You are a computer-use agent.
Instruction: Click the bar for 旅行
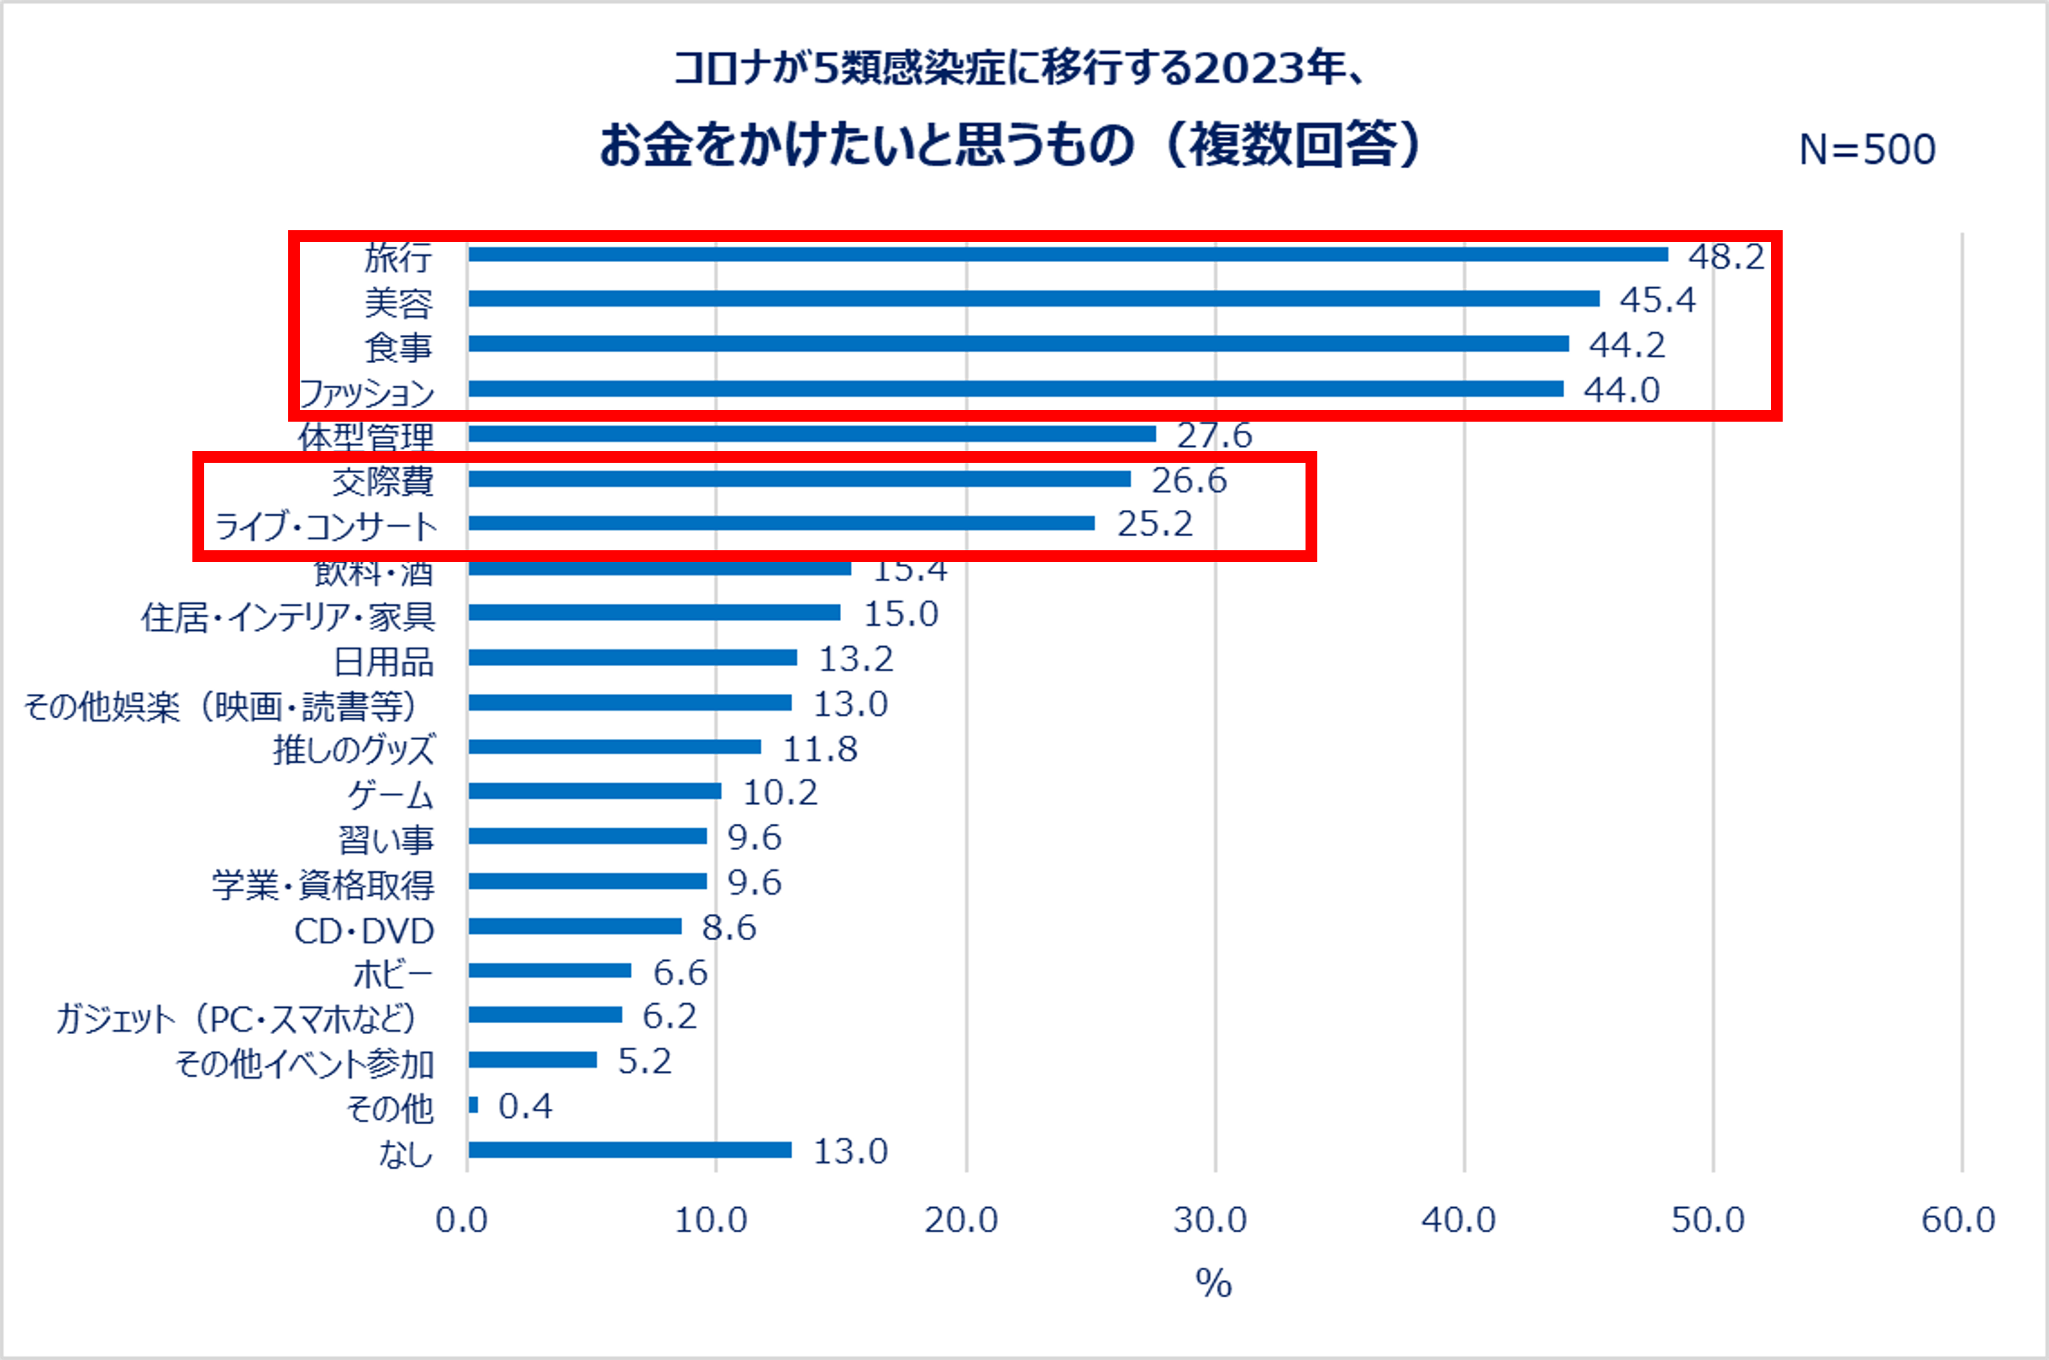click(x=1067, y=255)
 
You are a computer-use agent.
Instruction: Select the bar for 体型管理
click(x=812, y=433)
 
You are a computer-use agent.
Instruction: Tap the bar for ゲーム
click(x=594, y=791)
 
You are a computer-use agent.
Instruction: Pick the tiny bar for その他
click(x=473, y=1105)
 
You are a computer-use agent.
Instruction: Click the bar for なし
click(x=630, y=1150)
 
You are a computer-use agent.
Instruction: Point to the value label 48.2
click(x=1726, y=257)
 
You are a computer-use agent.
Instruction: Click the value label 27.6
click(x=1214, y=435)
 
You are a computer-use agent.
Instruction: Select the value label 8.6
click(x=728, y=928)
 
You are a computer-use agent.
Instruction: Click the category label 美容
click(x=398, y=302)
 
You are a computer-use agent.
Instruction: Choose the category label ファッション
click(x=366, y=393)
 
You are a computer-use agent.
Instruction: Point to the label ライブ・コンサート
click(x=326, y=527)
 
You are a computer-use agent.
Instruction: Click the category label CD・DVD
click(x=365, y=932)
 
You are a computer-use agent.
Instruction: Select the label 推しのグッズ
click(x=354, y=750)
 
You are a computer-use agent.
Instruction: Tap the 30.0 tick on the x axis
click(x=1210, y=1221)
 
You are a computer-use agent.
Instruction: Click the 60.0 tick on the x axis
click(x=1958, y=1221)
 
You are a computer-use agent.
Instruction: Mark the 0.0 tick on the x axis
click(x=461, y=1221)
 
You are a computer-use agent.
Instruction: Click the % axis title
click(x=1214, y=1283)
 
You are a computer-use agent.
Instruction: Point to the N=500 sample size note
click(x=1867, y=150)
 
